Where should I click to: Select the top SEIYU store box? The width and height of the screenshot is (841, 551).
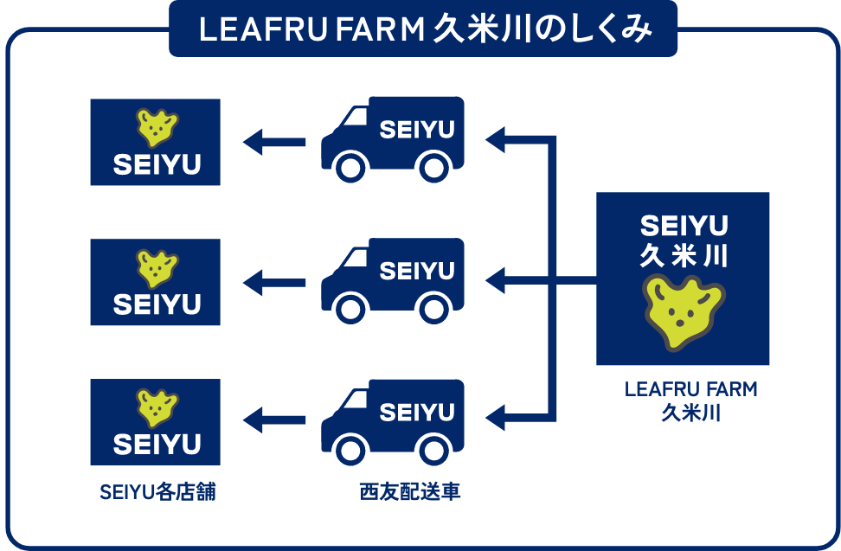(156, 142)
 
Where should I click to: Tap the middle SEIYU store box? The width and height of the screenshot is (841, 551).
(156, 282)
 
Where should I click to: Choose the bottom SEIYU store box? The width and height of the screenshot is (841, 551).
(156, 422)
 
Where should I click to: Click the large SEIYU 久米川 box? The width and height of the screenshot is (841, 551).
(683, 279)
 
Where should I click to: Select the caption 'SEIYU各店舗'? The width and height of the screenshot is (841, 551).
(157, 493)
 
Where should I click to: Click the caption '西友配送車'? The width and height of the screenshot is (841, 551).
(410, 493)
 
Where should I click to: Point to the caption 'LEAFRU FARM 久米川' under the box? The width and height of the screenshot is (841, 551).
(690, 400)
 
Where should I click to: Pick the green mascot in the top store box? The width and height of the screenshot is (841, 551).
(157, 127)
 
